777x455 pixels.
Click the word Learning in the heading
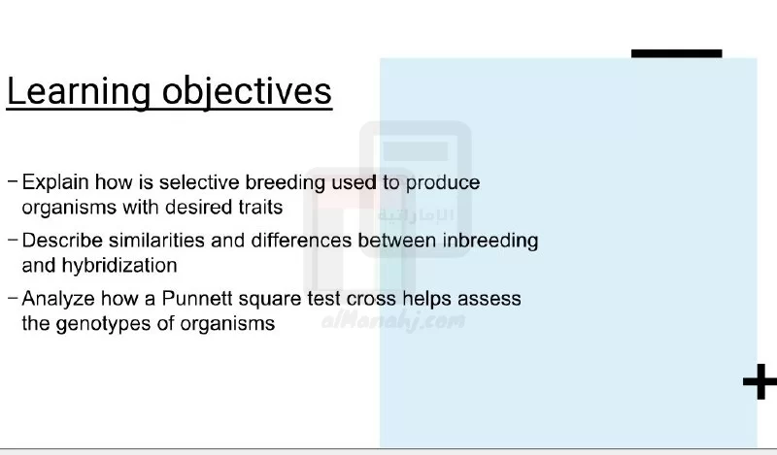pos(79,92)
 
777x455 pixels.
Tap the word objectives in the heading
pos(247,92)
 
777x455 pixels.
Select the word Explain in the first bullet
pos(55,182)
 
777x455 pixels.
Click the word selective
pos(199,182)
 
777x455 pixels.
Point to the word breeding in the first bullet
pos(285,183)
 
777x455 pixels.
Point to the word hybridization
pos(118,266)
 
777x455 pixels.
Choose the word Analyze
pos(58,300)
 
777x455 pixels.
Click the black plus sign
pos(760,381)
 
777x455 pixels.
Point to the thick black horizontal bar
pos(676,53)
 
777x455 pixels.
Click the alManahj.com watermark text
pos(393,321)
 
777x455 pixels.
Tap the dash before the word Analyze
pos(13,298)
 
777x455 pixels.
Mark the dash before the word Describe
pos(13,240)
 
